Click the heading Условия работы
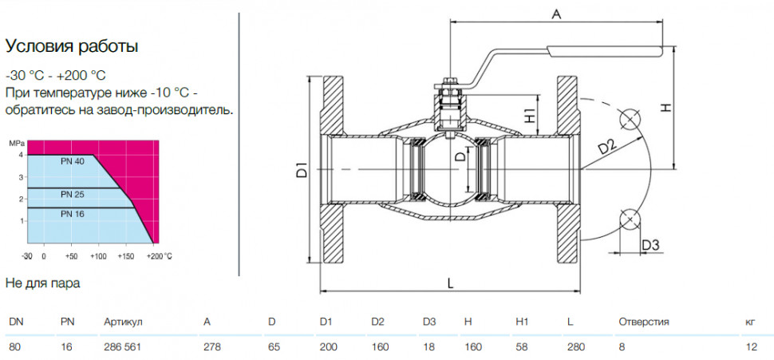pos(71,47)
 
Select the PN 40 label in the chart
pos(73,161)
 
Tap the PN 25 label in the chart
pos(73,195)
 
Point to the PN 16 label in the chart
pos(73,214)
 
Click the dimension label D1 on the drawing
pos(303,169)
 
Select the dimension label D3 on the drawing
pos(650,244)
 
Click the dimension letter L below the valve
pos(450,283)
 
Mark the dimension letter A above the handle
pos(556,15)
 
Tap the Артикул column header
pos(123,322)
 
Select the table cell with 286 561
pos(122,347)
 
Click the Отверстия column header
pos(644,322)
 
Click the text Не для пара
pos(42,283)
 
